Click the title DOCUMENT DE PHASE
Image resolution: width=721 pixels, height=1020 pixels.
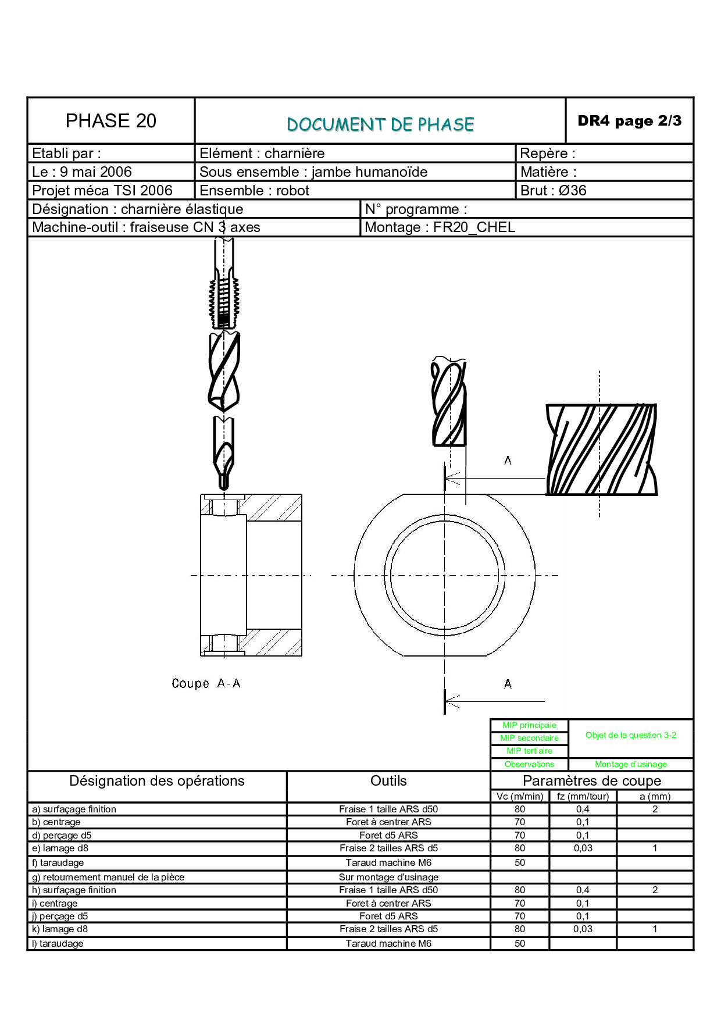(x=380, y=124)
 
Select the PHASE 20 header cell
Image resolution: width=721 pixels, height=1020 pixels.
(x=111, y=120)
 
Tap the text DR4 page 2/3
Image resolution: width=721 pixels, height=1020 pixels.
(x=629, y=121)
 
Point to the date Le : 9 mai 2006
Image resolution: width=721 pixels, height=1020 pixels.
(x=82, y=172)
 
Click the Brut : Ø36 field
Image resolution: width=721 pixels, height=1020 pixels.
(x=554, y=190)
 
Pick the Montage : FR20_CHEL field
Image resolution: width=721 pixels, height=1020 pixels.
(x=440, y=227)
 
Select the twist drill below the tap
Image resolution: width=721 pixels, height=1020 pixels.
(x=224, y=372)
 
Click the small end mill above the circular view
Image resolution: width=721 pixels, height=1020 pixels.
(x=448, y=402)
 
